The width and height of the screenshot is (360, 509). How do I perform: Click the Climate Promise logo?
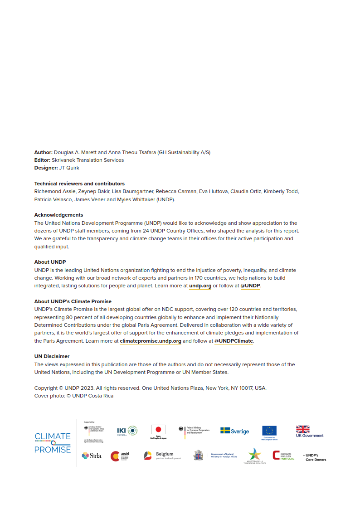coord(53,443)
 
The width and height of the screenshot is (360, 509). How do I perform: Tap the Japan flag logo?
coord(158,432)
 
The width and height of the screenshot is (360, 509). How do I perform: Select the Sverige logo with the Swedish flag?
coord(234,431)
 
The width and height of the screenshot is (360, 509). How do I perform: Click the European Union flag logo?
coord(269,432)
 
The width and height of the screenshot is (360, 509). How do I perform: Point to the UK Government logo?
coord(310,431)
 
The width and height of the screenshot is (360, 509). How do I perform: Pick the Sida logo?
coord(91,456)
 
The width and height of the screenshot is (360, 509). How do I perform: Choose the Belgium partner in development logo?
coord(162,456)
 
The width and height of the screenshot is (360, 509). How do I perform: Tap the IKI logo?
coord(127,431)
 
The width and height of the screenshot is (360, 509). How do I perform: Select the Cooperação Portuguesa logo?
coord(283,456)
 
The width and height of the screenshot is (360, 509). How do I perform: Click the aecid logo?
coord(120,456)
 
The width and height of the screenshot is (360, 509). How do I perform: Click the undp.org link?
coord(200,286)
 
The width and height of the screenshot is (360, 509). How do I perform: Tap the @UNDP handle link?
coord(250,286)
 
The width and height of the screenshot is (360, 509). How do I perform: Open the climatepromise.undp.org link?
coord(151,341)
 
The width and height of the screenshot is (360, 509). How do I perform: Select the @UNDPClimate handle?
coord(234,341)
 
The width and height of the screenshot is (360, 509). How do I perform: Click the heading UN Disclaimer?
coord(52,356)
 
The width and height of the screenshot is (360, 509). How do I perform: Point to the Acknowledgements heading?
coord(58,215)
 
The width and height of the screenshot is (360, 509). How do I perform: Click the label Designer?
coord(46,168)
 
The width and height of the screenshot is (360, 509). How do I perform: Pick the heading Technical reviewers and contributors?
coord(79,184)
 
